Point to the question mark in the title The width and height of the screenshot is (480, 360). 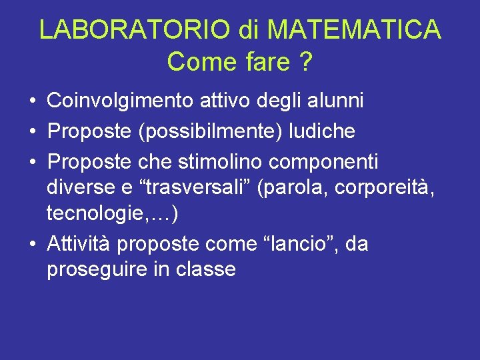click(x=305, y=62)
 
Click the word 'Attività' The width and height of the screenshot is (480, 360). click(x=79, y=244)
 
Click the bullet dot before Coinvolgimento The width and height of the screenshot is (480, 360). click(x=32, y=102)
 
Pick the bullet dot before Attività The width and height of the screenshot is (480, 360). click(x=32, y=245)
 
